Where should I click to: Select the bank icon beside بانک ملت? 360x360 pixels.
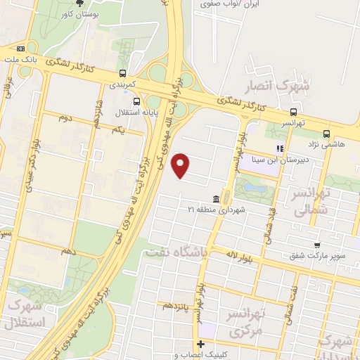(20, 49)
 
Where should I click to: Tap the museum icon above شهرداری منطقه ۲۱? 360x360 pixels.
(214, 199)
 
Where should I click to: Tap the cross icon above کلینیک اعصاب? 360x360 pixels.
(201, 345)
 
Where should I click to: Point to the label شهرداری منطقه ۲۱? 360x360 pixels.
(214, 210)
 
